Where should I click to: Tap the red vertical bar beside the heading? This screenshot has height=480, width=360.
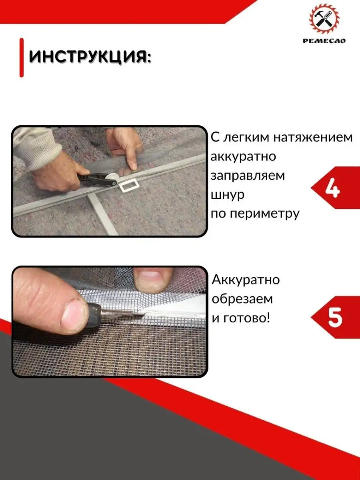pos(22,57)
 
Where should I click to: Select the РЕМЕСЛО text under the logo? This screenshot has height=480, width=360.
pos(324,40)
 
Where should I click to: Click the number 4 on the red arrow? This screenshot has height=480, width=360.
pos(332,188)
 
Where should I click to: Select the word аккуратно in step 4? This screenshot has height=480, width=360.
pos(243,156)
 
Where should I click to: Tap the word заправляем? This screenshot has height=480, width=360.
pos(248,176)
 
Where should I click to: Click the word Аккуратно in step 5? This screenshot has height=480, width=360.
pos(246,280)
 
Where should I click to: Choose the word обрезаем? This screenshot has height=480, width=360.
pos(243,299)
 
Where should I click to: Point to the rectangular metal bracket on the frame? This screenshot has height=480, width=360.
pos(129,186)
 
